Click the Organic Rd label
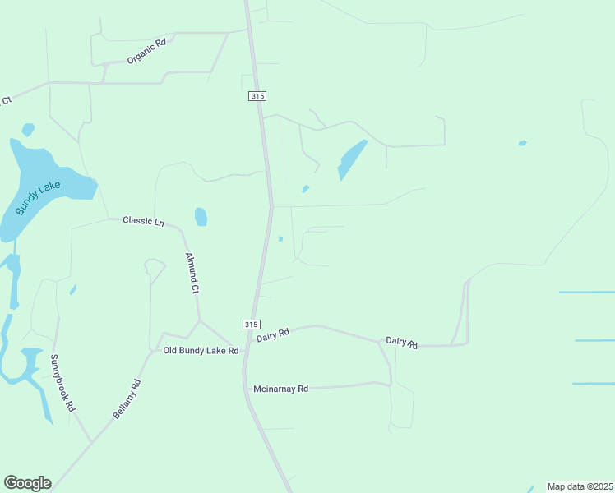pyautogui.click(x=146, y=52)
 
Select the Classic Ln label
pyautogui.click(x=143, y=221)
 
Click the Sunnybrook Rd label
pyautogui.click(x=62, y=383)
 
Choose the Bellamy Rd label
pyautogui.click(x=127, y=399)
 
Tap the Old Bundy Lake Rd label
pyautogui.click(x=201, y=351)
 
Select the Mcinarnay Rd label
pyautogui.click(x=280, y=389)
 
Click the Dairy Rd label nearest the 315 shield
pyautogui.click(x=273, y=334)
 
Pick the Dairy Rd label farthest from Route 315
pyautogui.click(x=402, y=342)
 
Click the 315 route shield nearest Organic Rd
pyautogui.click(x=257, y=96)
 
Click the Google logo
pyautogui.click(x=27, y=483)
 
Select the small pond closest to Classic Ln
pyautogui.click(x=201, y=217)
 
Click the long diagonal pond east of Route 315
pyautogui.click(x=352, y=159)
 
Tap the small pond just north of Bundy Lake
pyautogui.click(x=28, y=129)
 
